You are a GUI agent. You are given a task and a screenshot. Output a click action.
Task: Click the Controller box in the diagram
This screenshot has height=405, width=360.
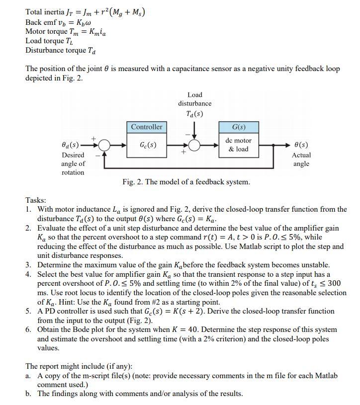(x=147, y=127)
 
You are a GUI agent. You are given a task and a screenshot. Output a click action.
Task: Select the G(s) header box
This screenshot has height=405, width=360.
(x=239, y=127)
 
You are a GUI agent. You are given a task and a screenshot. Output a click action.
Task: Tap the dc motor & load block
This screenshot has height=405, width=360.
(x=239, y=145)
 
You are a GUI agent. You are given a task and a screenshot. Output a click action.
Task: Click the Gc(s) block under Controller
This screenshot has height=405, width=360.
(x=147, y=145)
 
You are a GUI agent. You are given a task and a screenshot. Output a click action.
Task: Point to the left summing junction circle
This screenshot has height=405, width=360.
(x=104, y=145)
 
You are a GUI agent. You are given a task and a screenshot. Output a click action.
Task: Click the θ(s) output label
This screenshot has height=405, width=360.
(x=301, y=145)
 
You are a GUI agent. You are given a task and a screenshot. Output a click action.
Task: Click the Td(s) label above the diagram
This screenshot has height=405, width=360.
(x=194, y=113)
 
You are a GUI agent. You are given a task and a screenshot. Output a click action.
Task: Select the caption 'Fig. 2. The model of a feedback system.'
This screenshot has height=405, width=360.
(x=186, y=182)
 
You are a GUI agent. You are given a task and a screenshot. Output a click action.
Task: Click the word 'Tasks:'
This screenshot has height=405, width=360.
(x=36, y=200)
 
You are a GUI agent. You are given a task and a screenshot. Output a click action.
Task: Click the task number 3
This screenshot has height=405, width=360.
(x=29, y=265)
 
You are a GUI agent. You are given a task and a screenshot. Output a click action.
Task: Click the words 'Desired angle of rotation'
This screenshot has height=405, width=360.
(x=73, y=163)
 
